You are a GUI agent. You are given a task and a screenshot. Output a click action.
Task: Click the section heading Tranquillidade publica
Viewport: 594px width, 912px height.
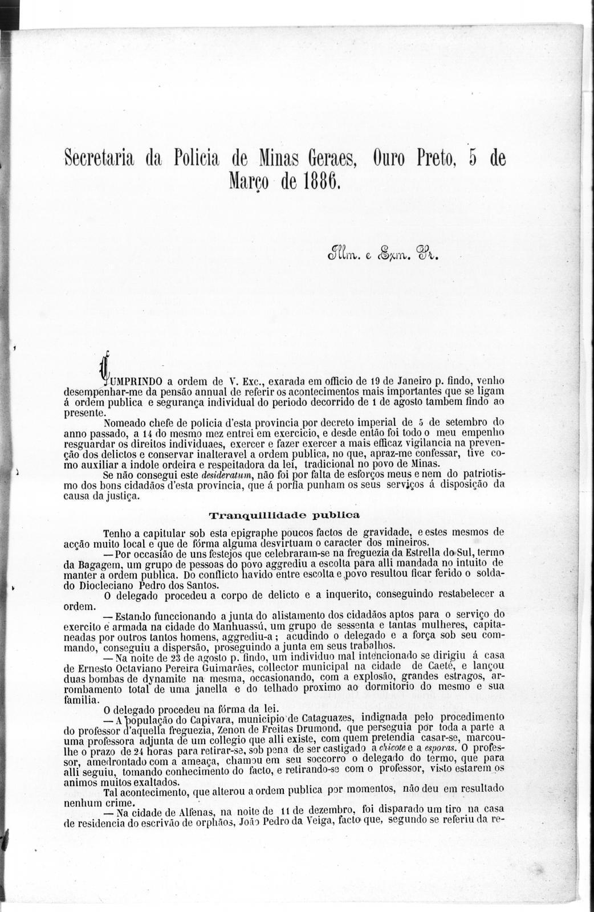[280, 516]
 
